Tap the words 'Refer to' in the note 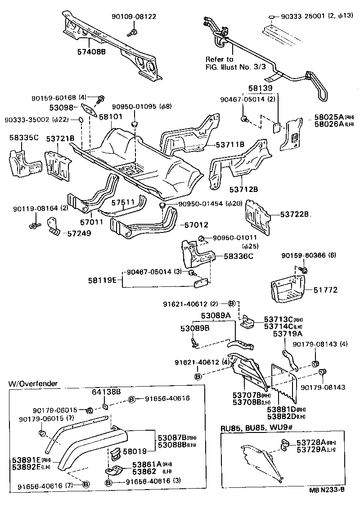coord(219,59)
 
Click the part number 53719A coord(288,334)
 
